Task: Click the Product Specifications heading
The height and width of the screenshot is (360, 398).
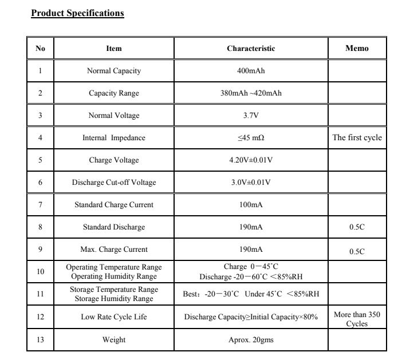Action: tap(77, 13)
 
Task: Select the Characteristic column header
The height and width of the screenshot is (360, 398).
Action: tap(251, 49)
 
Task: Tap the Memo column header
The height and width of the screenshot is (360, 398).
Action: tap(357, 49)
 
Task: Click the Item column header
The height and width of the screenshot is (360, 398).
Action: tap(114, 49)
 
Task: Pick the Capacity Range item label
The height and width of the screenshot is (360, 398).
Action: tap(114, 93)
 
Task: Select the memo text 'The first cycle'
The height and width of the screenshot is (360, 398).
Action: tap(357, 138)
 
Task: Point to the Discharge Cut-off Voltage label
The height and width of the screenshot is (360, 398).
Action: tap(114, 183)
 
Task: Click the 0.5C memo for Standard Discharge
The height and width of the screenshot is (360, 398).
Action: tap(357, 227)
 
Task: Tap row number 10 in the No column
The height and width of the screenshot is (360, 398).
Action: tap(40, 272)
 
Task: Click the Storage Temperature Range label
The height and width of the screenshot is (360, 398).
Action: tap(114, 290)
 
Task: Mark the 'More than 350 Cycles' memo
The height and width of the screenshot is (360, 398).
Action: tap(357, 319)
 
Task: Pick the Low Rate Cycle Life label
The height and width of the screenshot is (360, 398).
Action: tap(114, 317)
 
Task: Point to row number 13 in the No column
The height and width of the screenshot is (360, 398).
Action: tap(40, 340)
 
